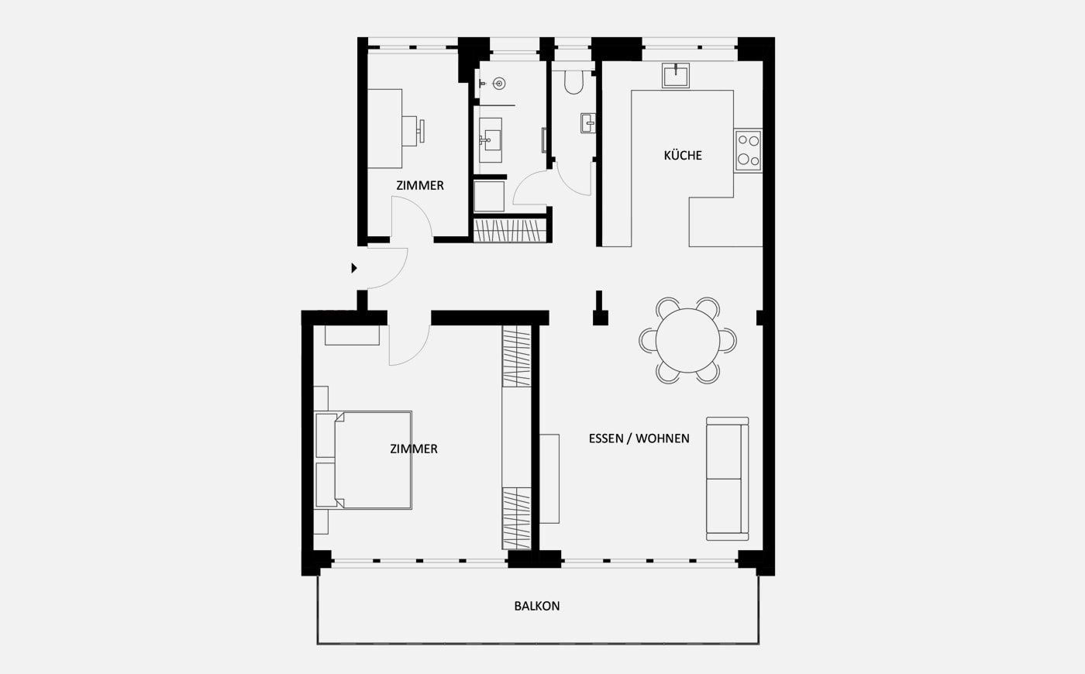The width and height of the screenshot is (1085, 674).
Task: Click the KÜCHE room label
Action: (683, 156)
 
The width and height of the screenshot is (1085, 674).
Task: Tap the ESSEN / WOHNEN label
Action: (639, 438)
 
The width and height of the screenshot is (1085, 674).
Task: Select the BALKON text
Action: (536, 606)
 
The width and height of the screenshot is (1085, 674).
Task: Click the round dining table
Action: (687, 340)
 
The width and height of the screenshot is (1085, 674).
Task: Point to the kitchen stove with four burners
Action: (748, 150)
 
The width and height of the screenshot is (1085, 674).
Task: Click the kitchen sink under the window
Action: (676, 76)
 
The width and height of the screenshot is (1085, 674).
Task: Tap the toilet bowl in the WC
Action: (573, 82)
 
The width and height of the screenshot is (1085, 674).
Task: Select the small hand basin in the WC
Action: (588, 123)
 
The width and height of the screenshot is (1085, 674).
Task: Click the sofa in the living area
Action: (727, 479)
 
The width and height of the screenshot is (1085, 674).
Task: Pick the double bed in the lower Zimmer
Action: (363, 460)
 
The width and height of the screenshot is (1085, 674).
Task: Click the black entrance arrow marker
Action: (354, 268)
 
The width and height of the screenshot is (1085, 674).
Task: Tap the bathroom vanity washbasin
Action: (490, 140)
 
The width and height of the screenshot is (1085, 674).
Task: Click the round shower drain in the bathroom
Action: (499, 84)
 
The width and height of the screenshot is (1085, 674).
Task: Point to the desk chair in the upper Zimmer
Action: (412, 130)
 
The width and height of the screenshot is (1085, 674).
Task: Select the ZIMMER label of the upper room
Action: (420, 185)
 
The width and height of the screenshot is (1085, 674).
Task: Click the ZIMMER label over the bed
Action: (414, 449)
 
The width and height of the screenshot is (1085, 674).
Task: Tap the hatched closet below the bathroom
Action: (510, 231)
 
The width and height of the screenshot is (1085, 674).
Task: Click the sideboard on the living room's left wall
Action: (549, 479)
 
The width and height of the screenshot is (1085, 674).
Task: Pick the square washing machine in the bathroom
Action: (489, 196)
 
